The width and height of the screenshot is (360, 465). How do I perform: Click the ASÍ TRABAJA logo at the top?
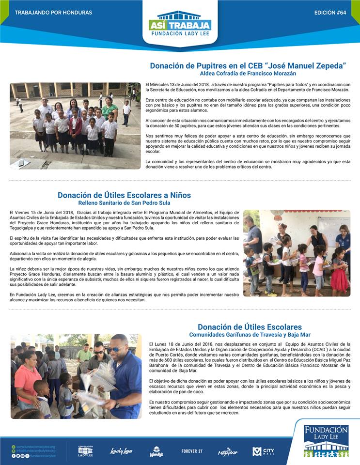[x=180, y=24]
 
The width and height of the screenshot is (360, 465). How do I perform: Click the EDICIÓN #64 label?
[x=330, y=12]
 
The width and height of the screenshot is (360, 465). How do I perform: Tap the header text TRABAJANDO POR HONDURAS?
[x=53, y=12]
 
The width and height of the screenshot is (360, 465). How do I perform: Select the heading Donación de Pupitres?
[x=248, y=65]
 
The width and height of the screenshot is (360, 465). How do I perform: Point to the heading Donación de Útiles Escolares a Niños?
[x=124, y=195]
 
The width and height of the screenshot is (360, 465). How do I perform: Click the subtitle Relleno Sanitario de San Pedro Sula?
[x=124, y=203]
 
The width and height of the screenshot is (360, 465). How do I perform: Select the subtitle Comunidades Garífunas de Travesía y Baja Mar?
[x=250, y=335]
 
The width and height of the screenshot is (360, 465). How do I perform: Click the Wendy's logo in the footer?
[x=156, y=451]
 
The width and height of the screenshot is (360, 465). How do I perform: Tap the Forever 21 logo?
[x=192, y=451]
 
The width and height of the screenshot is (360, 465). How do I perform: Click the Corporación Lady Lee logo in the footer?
[x=85, y=451]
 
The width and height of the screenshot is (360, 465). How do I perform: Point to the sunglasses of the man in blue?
[x=114, y=349]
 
